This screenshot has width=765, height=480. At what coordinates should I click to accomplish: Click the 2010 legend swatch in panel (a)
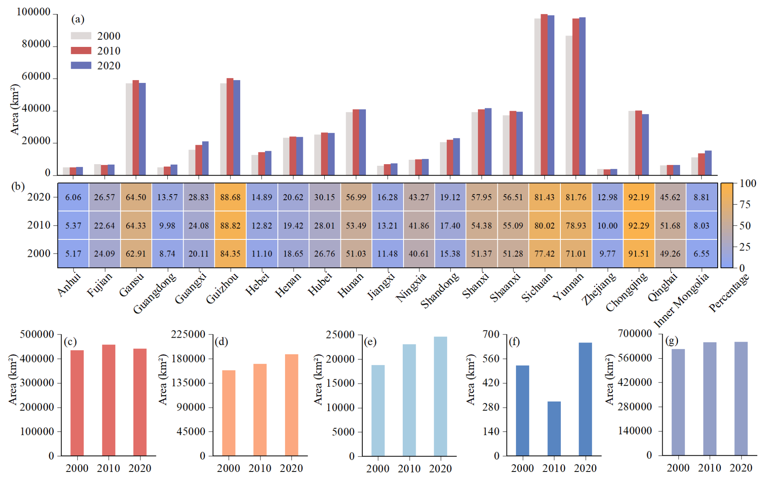[81, 51]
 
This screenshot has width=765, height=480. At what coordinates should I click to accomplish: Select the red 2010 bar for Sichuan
[544, 95]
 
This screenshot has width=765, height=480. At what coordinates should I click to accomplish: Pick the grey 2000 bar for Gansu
[129, 129]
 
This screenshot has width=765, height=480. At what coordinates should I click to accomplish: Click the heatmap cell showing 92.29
[638, 225]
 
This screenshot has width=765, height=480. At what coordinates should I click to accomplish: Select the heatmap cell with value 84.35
[230, 254]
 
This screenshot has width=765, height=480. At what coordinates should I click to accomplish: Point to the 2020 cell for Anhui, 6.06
[73, 197]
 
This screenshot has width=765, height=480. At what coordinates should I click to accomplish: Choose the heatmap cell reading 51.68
[670, 225]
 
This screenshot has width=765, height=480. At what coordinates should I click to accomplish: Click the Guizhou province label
[222, 288]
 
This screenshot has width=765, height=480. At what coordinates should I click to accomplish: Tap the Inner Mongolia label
[681, 299]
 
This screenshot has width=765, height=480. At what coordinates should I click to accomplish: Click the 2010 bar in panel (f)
[554, 428]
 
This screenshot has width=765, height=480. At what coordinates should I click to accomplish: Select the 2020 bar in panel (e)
[440, 396]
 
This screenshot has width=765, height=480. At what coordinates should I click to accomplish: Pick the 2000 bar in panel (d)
[228, 412]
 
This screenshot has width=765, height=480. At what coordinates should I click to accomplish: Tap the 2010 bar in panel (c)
[108, 400]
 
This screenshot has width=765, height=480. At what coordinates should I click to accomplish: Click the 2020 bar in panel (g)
[741, 398]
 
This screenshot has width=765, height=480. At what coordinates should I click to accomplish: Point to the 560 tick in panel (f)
[491, 359]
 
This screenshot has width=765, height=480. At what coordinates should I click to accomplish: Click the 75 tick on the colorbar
[745, 205]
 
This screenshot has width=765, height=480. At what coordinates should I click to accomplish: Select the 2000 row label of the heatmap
[39, 254]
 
